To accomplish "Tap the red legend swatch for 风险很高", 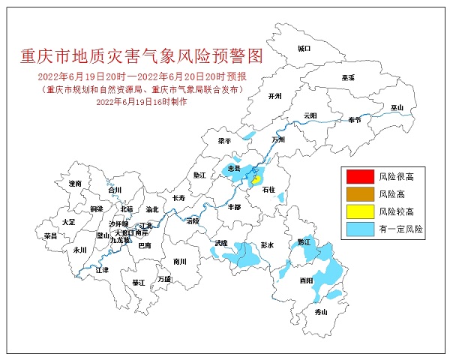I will [x=358, y=177].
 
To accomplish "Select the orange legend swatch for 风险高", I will [x=358, y=193].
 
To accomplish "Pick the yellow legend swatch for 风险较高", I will [x=358, y=211].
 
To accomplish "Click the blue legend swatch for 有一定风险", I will [x=358, y=228].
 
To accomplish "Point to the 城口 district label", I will [x=303, y=48].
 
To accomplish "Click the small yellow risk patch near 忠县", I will [x=256, y=179].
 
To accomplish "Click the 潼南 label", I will [x=74, y=183].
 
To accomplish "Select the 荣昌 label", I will [x=51, y=235].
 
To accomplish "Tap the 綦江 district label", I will [x=139, y=283].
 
